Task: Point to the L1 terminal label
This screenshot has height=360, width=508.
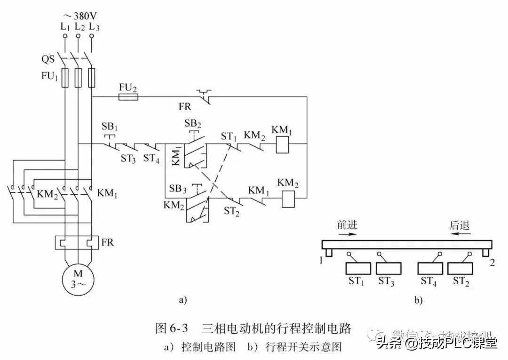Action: click(65, 27)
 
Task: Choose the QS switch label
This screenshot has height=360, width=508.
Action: click(48, 60)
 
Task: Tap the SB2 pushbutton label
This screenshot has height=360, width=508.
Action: click(192, 123)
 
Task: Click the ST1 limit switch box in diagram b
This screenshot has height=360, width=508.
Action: click(359, 268)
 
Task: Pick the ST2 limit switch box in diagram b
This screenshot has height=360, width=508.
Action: click(460, 268)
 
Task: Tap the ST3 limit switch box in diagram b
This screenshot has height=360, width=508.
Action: click(389, 268)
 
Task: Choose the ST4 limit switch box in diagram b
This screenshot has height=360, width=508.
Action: click(430, 268)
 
